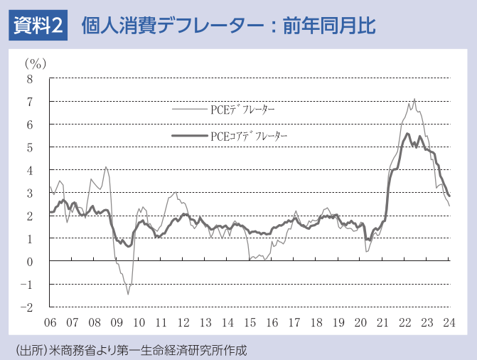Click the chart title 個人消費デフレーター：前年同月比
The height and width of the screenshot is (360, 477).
(x=228, y=26)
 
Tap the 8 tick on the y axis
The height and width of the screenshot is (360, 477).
(x=30, y=79)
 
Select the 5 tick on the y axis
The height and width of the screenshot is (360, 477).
(x=30, y=147)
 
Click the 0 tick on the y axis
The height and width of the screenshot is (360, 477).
(x=30, y=262)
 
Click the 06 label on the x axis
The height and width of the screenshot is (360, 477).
(x=50, y=322)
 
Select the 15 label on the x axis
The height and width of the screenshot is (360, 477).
(x=250, y=322)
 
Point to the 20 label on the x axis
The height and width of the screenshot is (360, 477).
(x=360, y=322)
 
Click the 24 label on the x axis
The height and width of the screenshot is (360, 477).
(x=449, y=322)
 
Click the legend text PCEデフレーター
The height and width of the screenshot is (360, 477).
(x=242, y=110)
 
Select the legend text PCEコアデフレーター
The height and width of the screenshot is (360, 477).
(x=248, y=134)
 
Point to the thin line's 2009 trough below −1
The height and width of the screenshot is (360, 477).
(x=128, y=294)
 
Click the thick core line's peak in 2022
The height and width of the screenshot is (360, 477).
(x=407, y=134)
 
